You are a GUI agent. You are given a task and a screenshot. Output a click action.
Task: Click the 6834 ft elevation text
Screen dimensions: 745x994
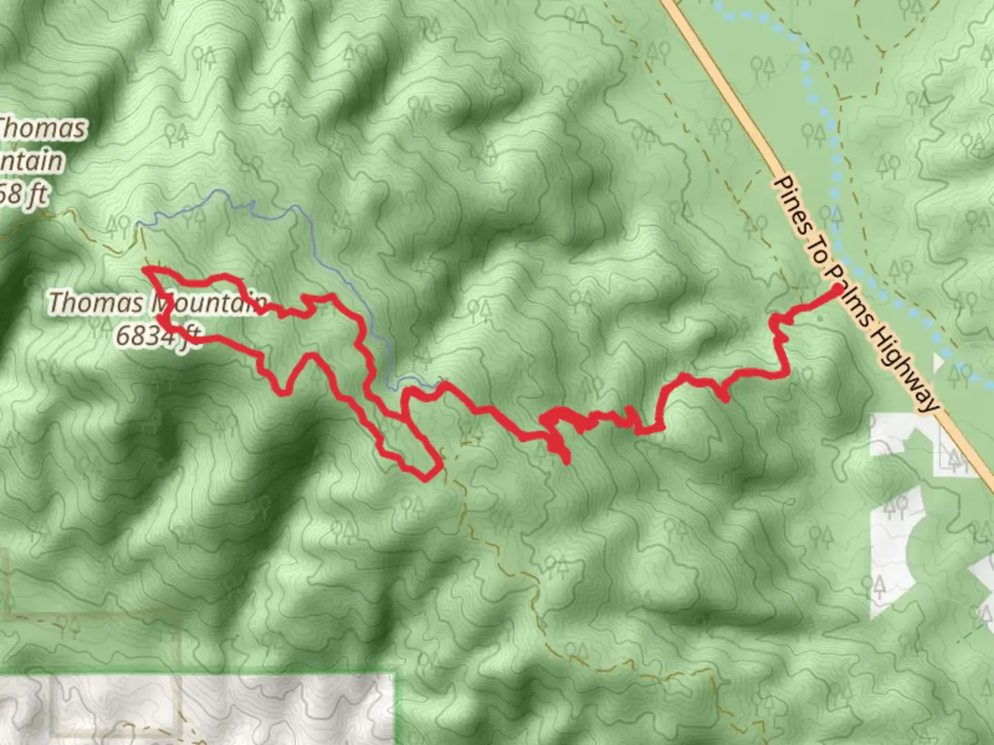tap(157, 336)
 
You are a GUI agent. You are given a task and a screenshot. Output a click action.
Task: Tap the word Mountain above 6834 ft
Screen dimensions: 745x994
tap(207, 303)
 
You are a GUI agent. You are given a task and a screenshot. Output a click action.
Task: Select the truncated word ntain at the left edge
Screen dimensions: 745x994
tap(30, 161)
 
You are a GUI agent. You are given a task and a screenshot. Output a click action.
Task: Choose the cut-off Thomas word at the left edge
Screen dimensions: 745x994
tap(41, 128)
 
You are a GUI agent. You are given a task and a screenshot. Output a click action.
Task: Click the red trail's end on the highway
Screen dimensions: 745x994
tap(837, 290)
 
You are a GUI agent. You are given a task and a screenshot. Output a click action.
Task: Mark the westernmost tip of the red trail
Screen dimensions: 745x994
tap(144, 269)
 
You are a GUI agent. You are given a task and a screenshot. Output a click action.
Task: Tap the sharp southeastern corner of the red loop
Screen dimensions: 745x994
tap(440, 469)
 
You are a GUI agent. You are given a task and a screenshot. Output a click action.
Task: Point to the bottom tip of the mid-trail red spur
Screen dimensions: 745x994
tap(567, 461)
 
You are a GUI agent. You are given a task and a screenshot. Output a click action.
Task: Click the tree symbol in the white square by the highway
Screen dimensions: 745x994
tap(956, 459)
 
